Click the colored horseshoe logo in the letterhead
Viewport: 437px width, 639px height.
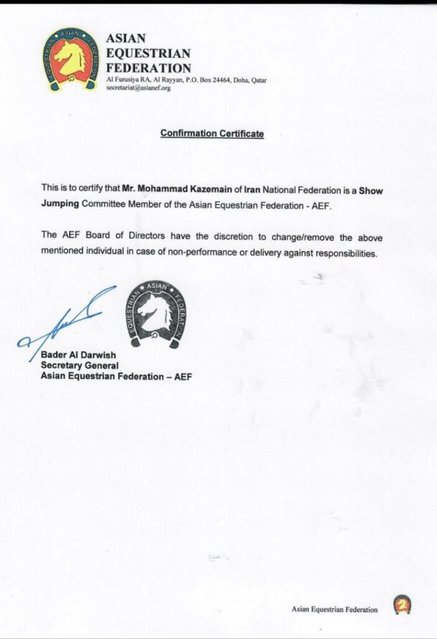(x=70, y=59)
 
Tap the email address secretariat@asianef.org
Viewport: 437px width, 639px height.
(x=138, y=88)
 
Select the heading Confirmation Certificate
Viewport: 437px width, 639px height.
(x=212, y=134)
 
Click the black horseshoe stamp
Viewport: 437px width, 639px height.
(x=156, y=313)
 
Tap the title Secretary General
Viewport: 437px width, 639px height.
(x=79, y=365)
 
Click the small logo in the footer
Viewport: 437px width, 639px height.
(x=402, y=605)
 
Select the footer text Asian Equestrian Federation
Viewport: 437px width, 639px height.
(x=334, y=609)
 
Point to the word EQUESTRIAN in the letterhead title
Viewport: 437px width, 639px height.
(x=148, y=53)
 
